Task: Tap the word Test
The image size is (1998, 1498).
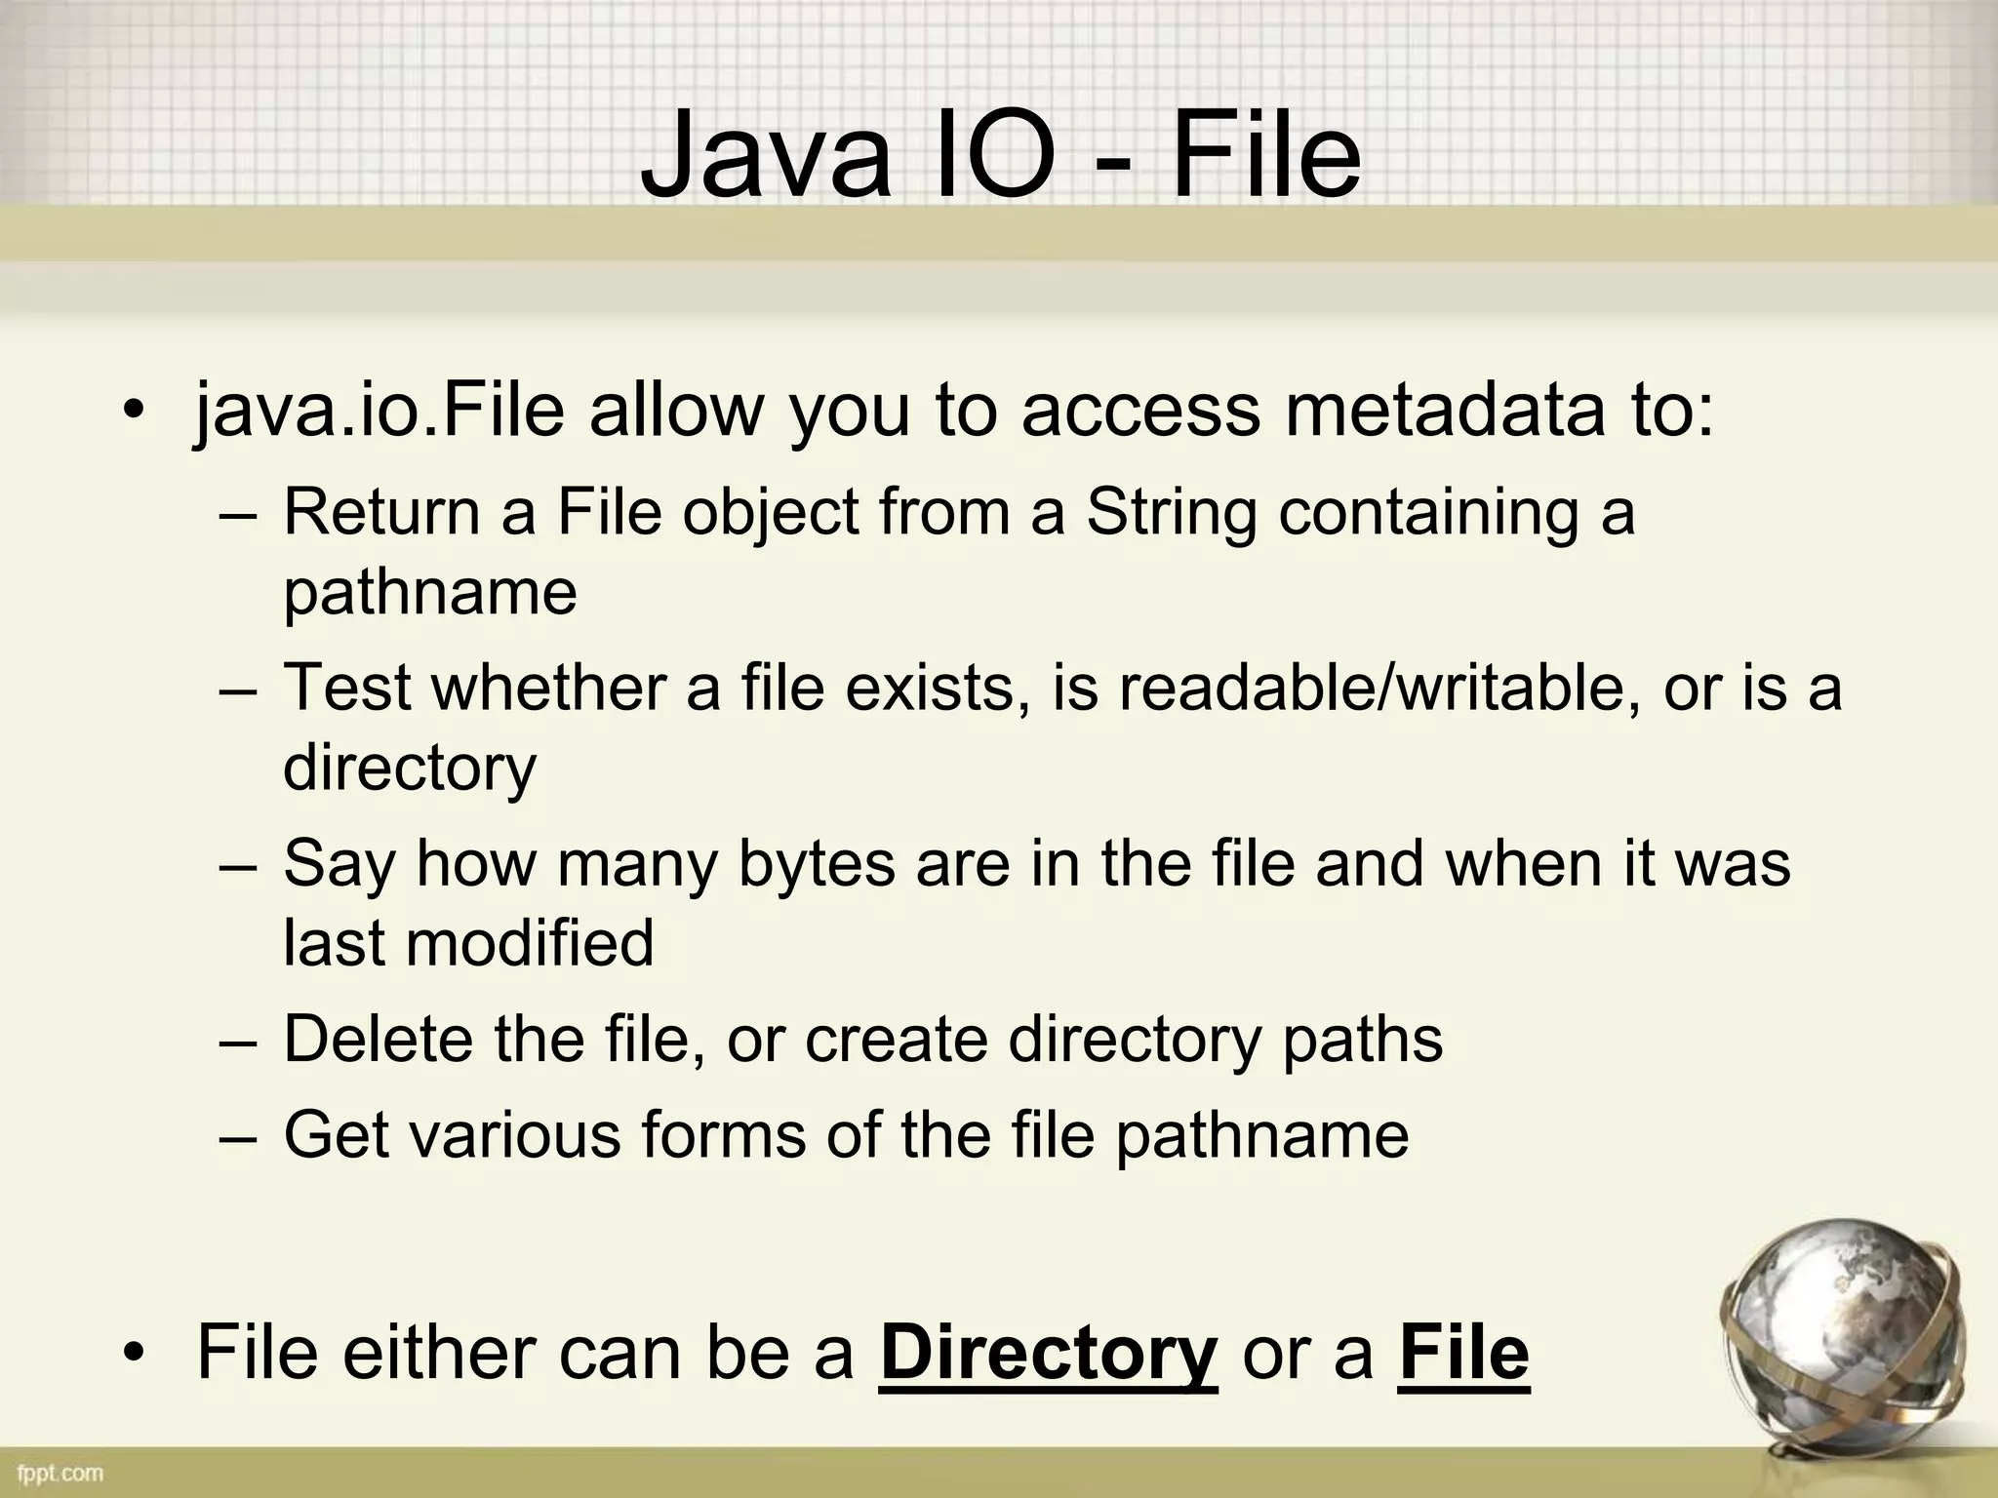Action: coord(346,687)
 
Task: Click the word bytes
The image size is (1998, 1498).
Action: coord(817,863)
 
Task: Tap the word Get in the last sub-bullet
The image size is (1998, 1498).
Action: coord(333,1134)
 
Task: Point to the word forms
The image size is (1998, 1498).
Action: coord(723,1134)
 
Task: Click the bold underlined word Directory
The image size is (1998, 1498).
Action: coord(1048,1354)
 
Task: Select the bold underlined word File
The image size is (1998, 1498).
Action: coord(1463,1354)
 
